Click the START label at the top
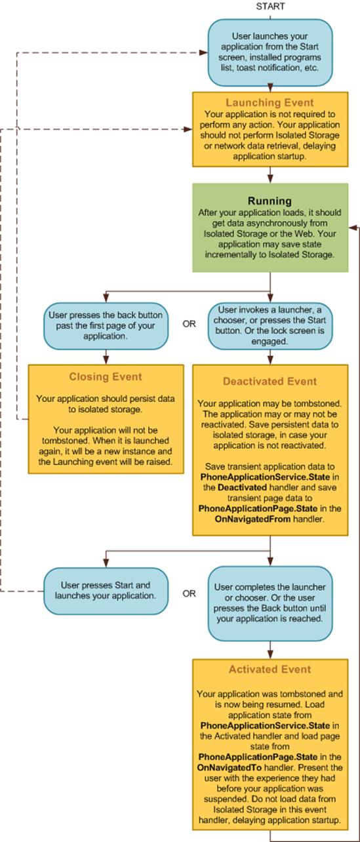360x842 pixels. click(x=270, y=7)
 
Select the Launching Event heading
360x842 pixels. click(x=270, y=102)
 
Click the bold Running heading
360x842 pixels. click(x=270, y=201)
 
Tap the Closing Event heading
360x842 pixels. click(x=106, y=376)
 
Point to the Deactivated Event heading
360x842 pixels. click(x=270, y=382)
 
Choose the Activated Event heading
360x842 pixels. click(x=270, y=670)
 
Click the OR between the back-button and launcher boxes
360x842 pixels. click(x=189, y=324)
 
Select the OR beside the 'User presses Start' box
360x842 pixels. click(x=189, y=593)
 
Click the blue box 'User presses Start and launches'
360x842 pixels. click(x=106, y=591)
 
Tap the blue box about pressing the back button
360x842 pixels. click(x=106, y=325)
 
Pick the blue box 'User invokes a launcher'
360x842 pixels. click(x=270, y=325)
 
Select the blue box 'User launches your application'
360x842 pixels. click(x=270, y=52)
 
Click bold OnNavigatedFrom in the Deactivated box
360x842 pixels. click(x=252, y=519)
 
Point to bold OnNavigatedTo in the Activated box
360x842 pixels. click(x=230, y=768)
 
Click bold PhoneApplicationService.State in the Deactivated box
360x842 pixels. click(x=265, y=477)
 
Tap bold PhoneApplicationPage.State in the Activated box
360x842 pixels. click(x=258, y=757)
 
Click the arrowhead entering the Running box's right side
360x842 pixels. click(x=351, y=227)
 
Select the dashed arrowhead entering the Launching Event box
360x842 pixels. click(x=189, y=129)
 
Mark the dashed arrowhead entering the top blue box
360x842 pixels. click(x=205, y=52)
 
